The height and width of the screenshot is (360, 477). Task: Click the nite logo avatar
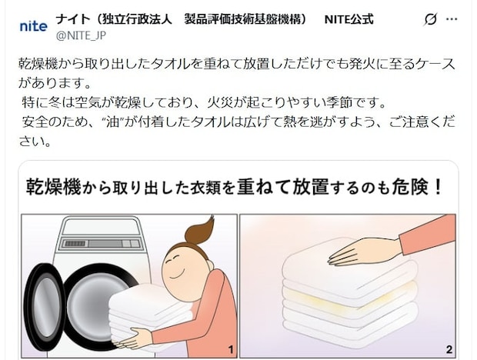(x=33, y=26)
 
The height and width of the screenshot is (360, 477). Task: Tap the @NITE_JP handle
(x=81, y=35)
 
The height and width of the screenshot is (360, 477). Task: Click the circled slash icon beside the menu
(x=431, y=18)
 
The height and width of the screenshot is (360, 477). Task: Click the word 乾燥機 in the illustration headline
(x=52, y=187)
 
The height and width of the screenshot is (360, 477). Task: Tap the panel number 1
(x=230, y=350)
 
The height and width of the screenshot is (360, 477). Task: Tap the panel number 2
(x=449, y=350)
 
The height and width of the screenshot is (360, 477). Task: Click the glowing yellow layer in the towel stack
(x=350, y=292)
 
